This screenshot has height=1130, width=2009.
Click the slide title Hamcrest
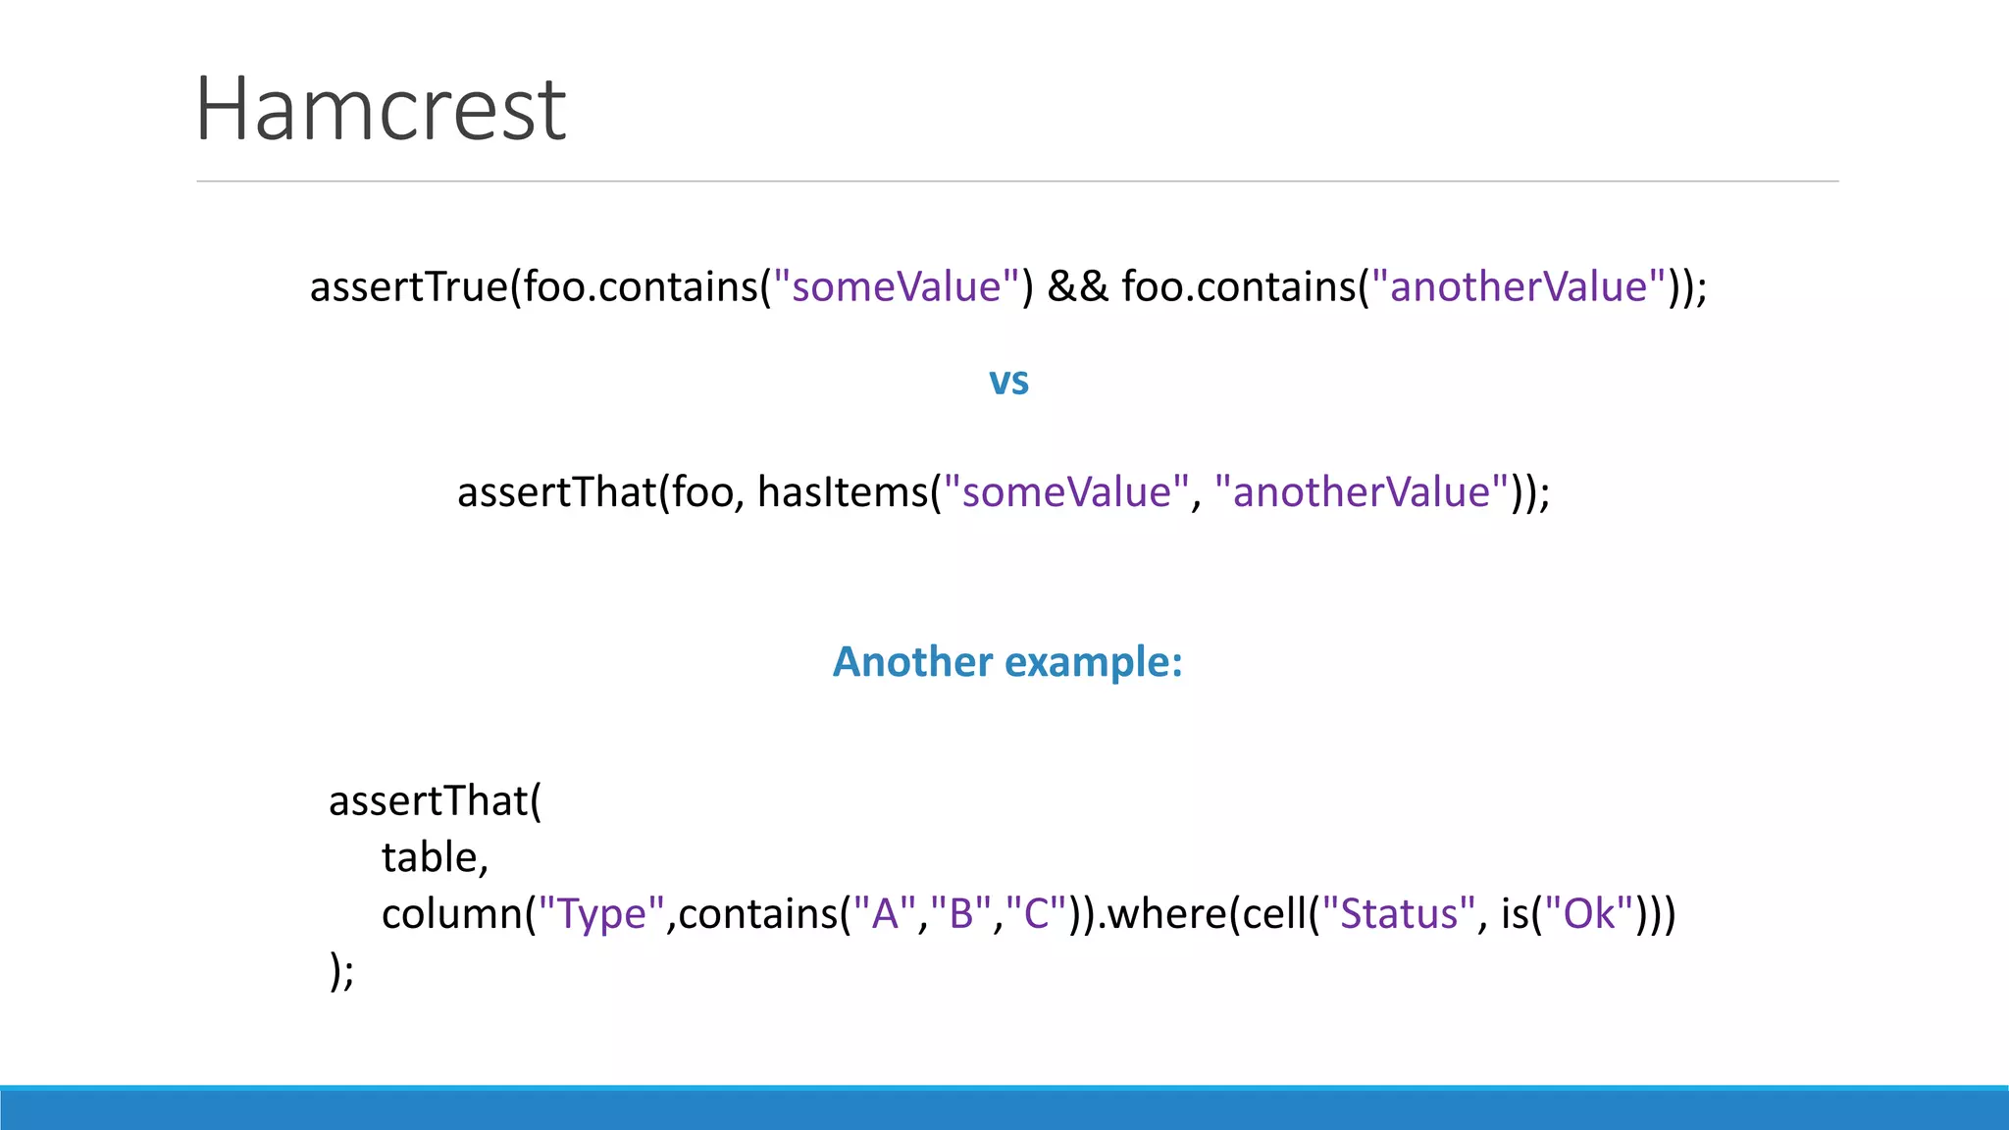[x=381, y=110]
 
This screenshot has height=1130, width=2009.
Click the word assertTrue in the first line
[x=408, y=287]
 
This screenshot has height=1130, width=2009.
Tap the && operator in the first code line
[x=1077, y=287]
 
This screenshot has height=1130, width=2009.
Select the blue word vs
[x=1008, y=381]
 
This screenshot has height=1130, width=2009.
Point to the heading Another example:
[x=1007, y=662]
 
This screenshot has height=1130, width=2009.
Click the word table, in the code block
[x=435, y=858]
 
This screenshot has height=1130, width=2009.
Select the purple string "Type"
[x=602, y=914]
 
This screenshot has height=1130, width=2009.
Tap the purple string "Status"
[x=1398, y=914]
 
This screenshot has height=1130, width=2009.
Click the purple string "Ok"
[x=1589, y=914]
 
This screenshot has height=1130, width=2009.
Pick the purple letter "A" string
[x=885, y=914]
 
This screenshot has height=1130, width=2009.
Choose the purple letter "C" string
[x=1036, y=914]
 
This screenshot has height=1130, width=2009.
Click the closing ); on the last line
[x=341, y=971]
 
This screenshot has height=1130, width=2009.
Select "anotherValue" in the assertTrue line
[x=1519, y=287]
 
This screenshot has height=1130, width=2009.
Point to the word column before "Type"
[x=452, y=914]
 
